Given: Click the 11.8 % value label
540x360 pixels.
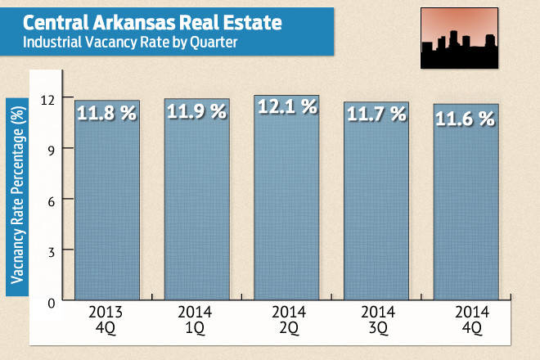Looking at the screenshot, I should tap(107, 114).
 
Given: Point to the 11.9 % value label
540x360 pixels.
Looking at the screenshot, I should tap(196, 112).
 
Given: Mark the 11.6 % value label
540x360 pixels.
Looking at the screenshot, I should tap(466, 118).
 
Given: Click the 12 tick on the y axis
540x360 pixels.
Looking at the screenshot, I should tap(50, 98).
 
